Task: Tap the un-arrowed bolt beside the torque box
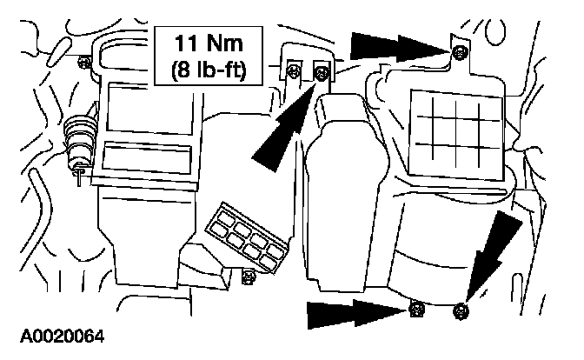pyautogui.click(x=295, y=72)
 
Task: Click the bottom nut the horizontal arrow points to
pyautogui.click(x=417, y=308)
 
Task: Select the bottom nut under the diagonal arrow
pyautogui.click(x=461, y=309)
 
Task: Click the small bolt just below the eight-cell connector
pyautogui.click(x=249, y=277)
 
